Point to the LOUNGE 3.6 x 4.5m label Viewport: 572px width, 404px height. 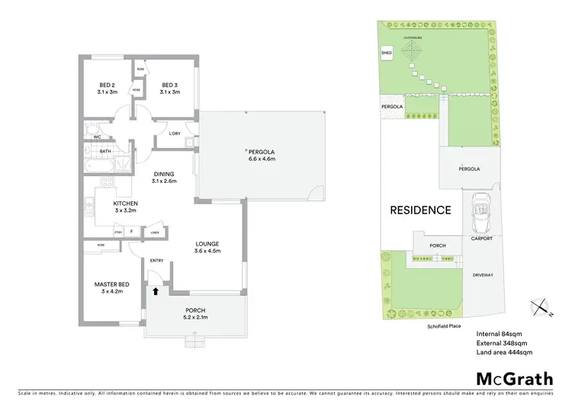click(x=207, y=246)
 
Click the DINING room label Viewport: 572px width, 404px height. click(x=164, y=177)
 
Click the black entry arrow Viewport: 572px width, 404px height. click(x=156, y=290)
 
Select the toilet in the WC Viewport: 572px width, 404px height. click(x=91, y=129)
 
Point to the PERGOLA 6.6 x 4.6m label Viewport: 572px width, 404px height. click(x=262, y=154)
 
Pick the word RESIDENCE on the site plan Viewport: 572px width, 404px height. click(x=420, y=210)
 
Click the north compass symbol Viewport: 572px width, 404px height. click(x=541, y=306)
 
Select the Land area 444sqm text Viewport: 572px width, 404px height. click(x=504, y=353)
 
